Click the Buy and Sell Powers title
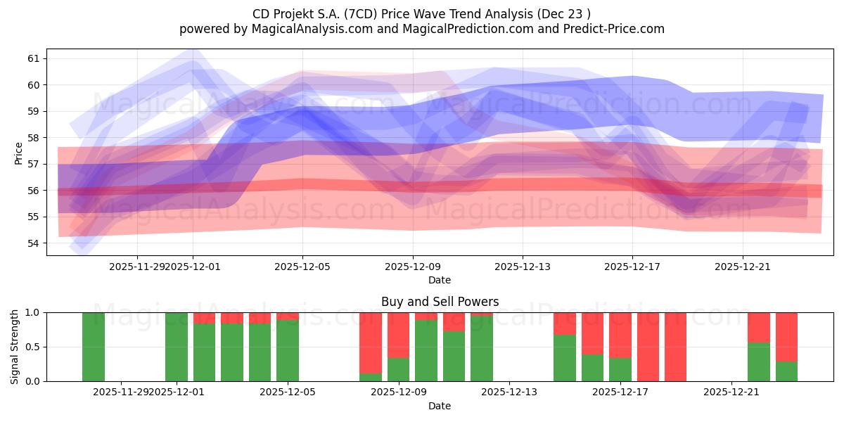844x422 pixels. pyautogui.click(x=440, y=302)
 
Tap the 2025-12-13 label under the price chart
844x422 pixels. pyautogui.click(x=522, y=267)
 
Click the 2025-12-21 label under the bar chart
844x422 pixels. pyautogui.click(x=732, y=392)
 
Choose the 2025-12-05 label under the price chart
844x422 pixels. pyautogui.click(x=302, y=267)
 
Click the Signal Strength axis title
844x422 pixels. pyautogui.click(x=15, y=347)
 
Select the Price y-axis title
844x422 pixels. pyautogui.click(x=18, y=153)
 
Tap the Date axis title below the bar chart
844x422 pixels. pyautogui.click(x=440, y=406)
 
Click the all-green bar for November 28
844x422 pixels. pyautogui.click(x=94, y=347)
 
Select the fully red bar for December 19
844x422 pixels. pyautogui.click(x=675, y=347)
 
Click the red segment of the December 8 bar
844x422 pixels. pyautogui.click(x=371, y=342)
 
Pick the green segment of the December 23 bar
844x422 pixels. pyautogui.click(x=786, y=371)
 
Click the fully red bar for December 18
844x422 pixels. pyautogui.click(x=648, y=347)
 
